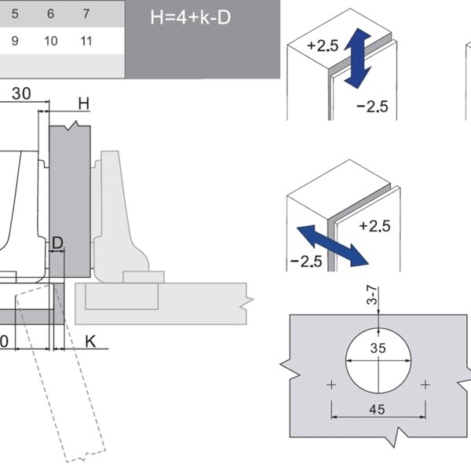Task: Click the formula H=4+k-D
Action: tap(191, 17)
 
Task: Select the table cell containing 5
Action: tap(15, 14)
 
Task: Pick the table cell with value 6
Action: tap(51, 14)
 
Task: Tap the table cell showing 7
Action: tap(87, 14)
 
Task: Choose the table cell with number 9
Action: tap(15, 41)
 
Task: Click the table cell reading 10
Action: tap(51, 41)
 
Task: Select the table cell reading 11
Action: tap(87, 41)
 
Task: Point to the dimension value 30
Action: tap(21, 93)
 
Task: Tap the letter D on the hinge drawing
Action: tap(57, 243)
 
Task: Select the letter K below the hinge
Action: tap(90, 341)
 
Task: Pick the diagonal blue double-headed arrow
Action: tap(334, 244)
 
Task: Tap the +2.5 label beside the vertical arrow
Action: tap(323, 46)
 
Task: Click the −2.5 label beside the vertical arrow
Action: tap(372, 107)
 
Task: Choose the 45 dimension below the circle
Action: tap(378, 408)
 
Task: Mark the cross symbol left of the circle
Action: tap(332, 385)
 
